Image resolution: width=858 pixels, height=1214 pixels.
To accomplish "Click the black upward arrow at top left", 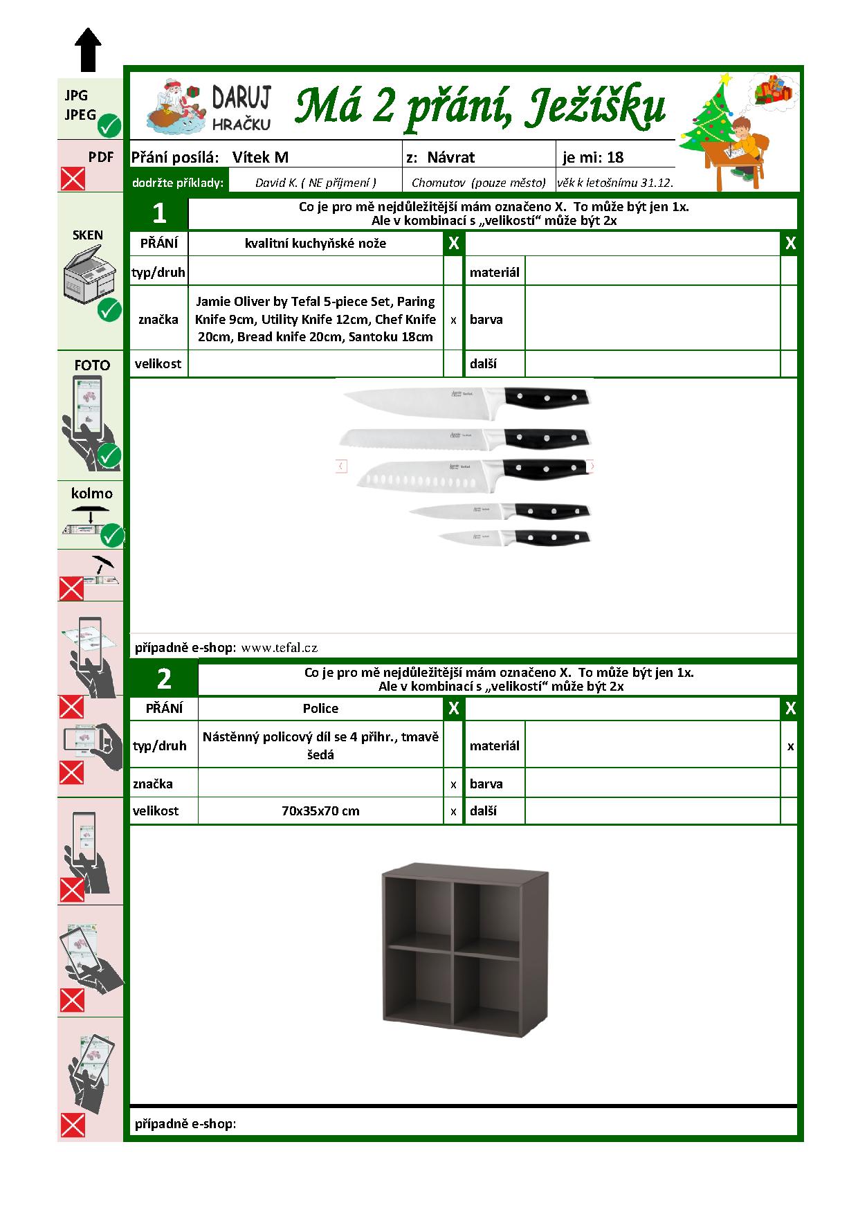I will [88, 49].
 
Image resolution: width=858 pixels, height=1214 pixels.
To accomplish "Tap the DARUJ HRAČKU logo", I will [210, 108].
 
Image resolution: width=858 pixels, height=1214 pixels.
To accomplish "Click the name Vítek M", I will [260, 157].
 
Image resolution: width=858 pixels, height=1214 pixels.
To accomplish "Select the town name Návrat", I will [450, 157].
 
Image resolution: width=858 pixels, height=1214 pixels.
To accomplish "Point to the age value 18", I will [615, 157].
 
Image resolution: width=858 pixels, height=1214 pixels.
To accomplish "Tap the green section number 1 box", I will [159, 213].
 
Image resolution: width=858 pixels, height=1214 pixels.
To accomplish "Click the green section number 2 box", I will [164, 679].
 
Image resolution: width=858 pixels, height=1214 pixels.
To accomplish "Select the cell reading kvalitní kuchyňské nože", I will [316, 243].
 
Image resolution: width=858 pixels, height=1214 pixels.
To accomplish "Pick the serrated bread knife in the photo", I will [465, 437].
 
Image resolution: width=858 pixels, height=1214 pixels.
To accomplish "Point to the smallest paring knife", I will [514, 537].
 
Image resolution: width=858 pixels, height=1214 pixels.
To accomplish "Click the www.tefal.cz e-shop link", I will [280, 648].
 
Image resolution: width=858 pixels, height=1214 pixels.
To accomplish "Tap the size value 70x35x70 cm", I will [320, 810].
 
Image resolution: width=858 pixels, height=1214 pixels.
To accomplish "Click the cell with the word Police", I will [320, 708].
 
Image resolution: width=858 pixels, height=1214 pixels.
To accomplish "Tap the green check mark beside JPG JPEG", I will [109, 126].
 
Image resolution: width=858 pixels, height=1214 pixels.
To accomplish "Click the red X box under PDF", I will [73, 179].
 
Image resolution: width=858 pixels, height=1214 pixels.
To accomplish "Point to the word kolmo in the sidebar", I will [91, 493].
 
